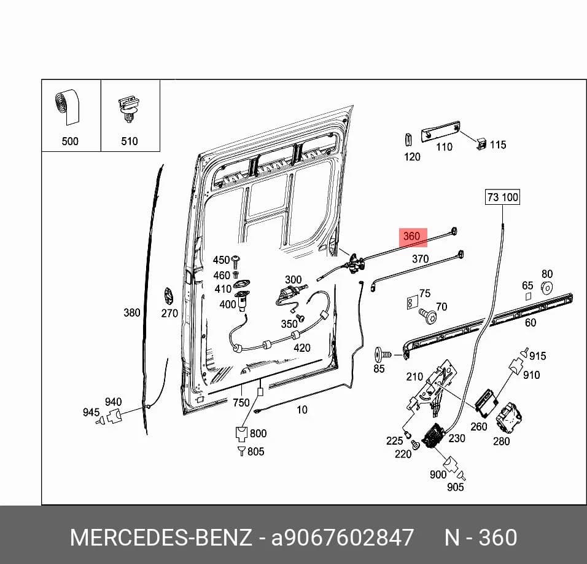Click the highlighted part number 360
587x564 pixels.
pos(411,236)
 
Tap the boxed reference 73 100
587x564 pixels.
pos(503,197)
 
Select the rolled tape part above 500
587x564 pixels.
pos(68,107)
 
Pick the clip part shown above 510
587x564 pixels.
pos(128,109)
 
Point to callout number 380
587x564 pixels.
pos(132,312)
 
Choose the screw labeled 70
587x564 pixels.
pos(427,316)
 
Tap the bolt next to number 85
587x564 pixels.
pos(382,354)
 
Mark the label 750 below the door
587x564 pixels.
pos(241,402)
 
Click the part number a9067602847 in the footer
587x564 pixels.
pos(342,538)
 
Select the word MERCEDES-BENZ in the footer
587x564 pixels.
pos(161,538)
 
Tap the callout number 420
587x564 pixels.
pos(301,348)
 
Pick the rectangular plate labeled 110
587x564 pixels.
pos(441,130)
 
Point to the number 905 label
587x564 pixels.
pos(455,487)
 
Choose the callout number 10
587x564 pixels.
pos(301,410)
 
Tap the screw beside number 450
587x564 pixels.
pos(236,261)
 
